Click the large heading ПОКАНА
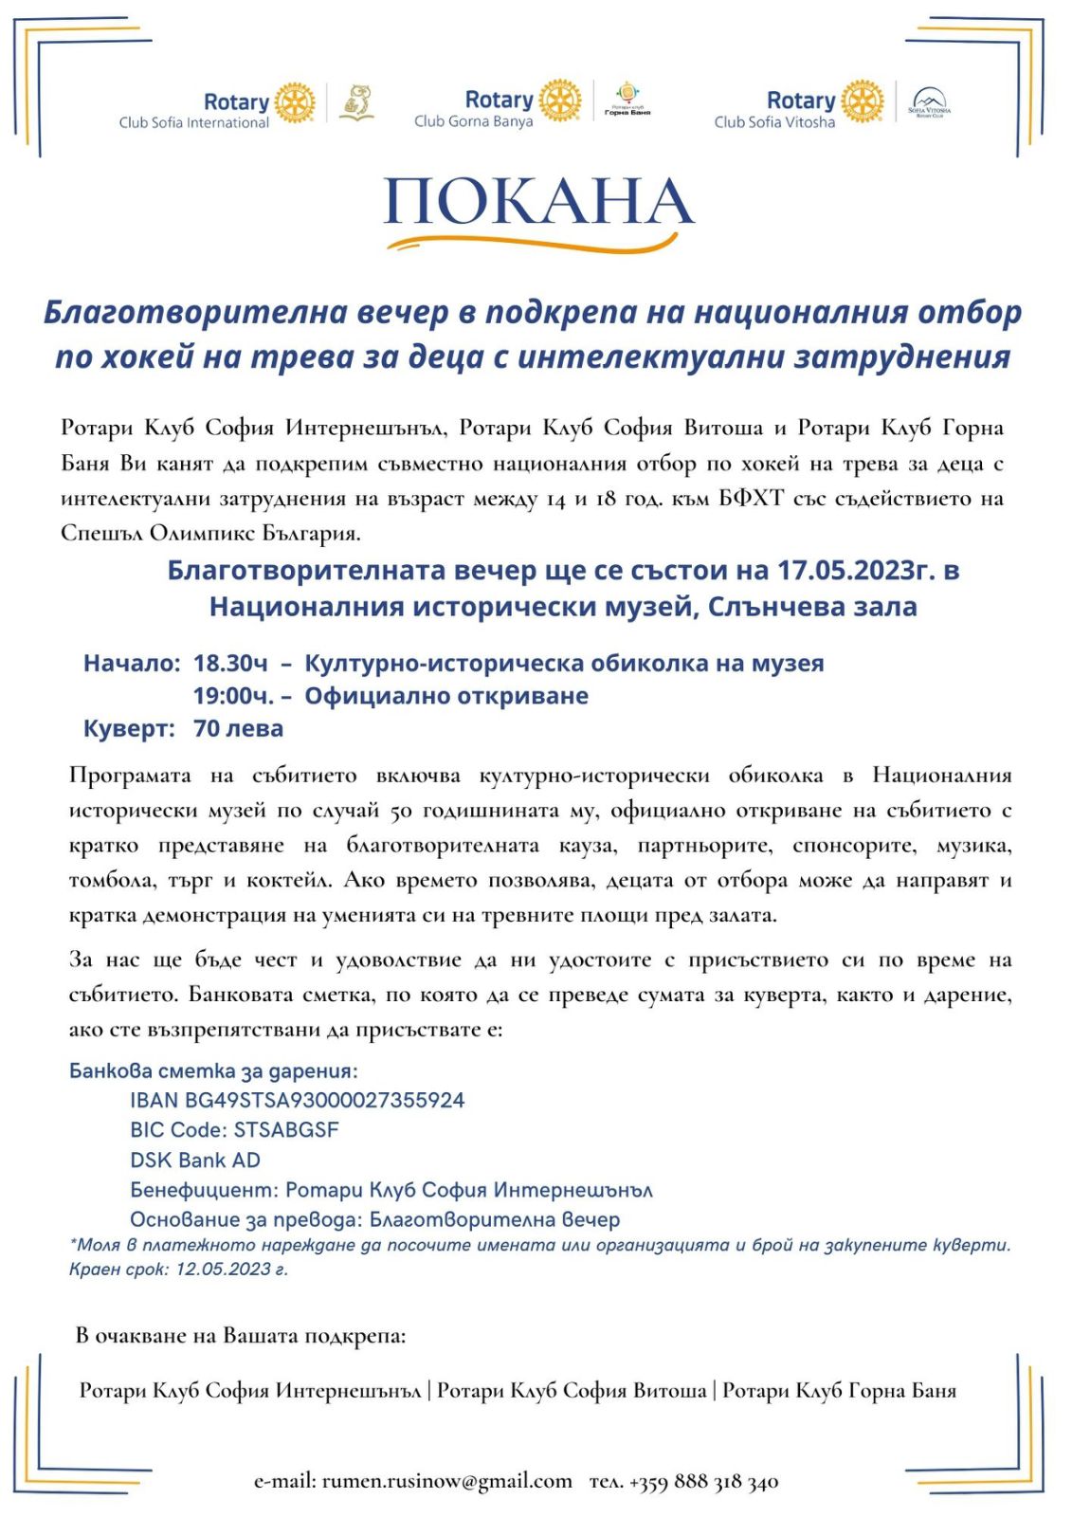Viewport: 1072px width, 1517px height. (537, 202)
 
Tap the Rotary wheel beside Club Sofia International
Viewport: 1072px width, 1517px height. (295, 102)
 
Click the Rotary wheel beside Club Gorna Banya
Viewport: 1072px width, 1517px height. (560, 101)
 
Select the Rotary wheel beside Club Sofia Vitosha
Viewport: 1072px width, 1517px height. (863, 101)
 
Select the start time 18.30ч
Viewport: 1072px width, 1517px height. (230, 663)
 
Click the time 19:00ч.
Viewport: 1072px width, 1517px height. (234, 696)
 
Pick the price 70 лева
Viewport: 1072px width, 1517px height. (238, 728)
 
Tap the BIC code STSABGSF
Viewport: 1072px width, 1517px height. (286, 1129)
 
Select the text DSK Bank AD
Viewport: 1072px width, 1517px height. (195, 1160)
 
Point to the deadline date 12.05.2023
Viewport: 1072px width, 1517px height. (224, 1269)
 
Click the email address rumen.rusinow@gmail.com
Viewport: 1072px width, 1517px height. (446, 1480)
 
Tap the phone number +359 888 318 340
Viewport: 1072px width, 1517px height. (703, 1481)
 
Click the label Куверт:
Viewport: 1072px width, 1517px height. (129, 728)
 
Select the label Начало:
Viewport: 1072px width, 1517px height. (132, 663)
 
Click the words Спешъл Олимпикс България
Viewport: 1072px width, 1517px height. (209, 533)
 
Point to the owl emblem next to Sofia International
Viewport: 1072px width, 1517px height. (357, 102)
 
